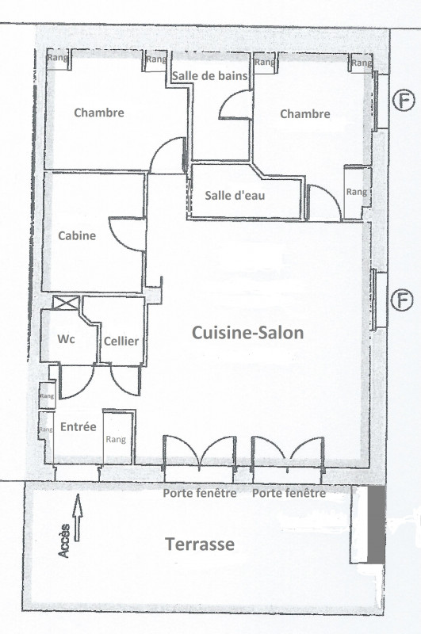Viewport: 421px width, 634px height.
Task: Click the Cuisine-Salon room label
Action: tap(247, 334)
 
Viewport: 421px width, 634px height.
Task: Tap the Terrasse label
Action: tap(199, 544)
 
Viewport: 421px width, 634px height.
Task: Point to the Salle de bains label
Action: tap(211, 76)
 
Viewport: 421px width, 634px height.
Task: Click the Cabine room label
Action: tap(77, 235)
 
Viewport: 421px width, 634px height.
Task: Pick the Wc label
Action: tap(67, 339)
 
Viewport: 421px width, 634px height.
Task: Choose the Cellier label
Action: tap(121, 341)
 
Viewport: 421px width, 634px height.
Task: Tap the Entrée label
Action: tap(78, 426)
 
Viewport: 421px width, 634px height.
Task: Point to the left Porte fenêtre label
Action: tap(200, 493)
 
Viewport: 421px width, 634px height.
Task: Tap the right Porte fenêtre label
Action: tap(289, 493)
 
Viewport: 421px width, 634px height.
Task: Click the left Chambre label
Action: tap(99, 113)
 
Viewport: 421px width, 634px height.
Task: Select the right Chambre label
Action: tap(305, 114)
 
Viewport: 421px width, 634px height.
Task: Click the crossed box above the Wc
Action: tap(65, 302)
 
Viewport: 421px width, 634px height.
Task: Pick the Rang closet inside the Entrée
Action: tap(116, 438)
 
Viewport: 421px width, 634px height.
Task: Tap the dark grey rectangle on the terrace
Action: tap(376, 525)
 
